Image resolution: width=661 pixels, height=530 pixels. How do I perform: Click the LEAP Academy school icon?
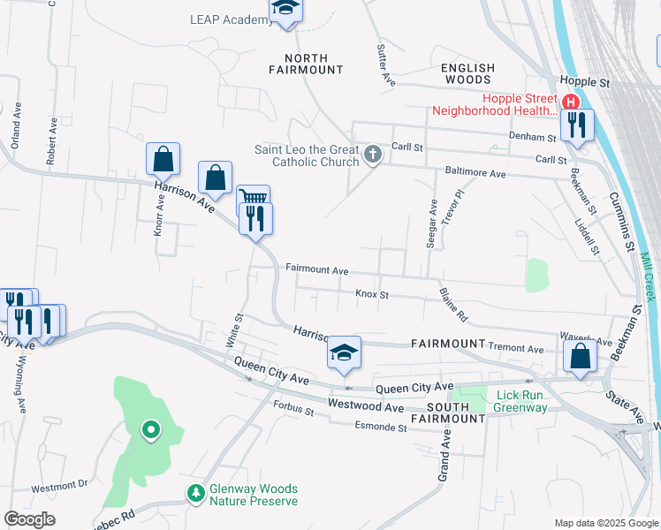286,10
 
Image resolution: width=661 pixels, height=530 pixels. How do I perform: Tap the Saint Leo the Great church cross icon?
373,156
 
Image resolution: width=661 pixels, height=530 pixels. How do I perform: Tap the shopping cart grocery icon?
252,199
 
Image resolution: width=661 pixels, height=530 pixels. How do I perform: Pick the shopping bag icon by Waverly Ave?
580,357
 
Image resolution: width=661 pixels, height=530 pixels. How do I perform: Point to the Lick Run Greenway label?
520,401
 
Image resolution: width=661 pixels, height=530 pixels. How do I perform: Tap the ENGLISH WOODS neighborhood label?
468,73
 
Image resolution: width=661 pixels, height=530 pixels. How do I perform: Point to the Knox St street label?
372,294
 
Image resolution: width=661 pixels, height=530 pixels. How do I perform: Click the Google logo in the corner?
29,519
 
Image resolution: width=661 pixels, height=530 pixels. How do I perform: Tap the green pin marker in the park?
151,430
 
